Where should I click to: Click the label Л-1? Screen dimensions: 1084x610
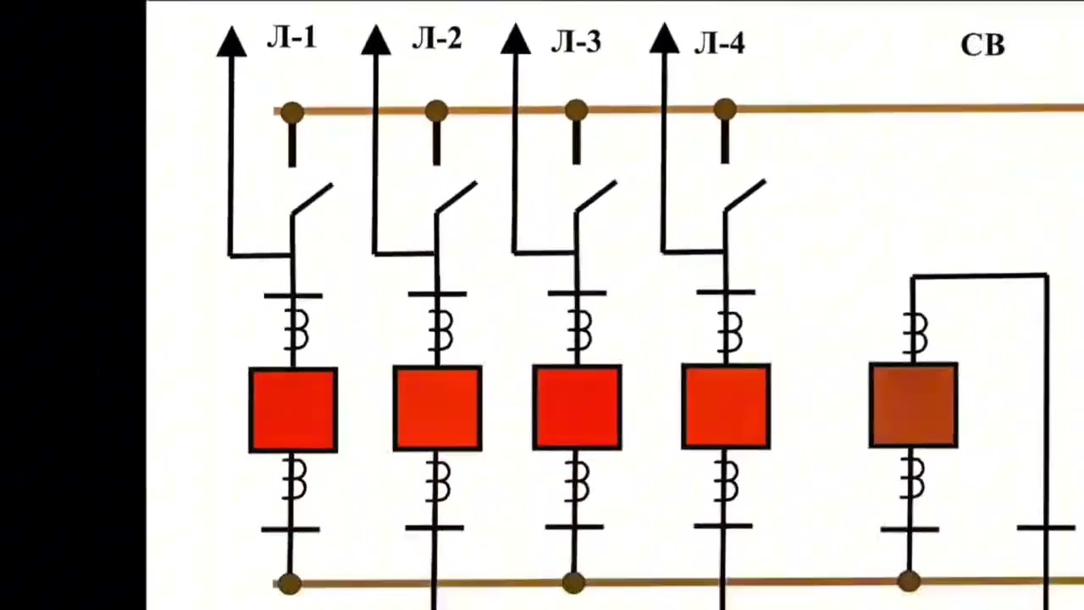pyautogui.click(x=292, y=38)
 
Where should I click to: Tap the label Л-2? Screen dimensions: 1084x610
pyautogui.click(x=437, y=39)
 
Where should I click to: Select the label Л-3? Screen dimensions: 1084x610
pyautogui.click(x=576, y=42)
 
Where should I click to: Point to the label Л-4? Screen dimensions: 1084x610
pyautogui.click(x=720, y=44)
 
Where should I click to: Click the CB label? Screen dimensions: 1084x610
pyautogui.click(x=982, y=46)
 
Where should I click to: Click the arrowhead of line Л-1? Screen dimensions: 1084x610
pyautogui.click(x=231, y=42)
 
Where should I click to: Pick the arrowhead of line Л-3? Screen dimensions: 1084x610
pyautogui.click(x=516, y=38)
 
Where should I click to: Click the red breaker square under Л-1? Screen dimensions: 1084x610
pyautogui.click(x=293, y=410)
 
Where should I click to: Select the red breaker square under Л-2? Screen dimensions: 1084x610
pyautogui.click(x=438, y=408)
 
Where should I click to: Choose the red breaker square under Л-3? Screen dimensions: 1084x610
pyautogui.click(x=577, y=408)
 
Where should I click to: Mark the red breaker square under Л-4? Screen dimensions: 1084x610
pyautogui.click(x=726, y=406)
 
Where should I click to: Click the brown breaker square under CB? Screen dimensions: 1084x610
pyautogui.click(x=913, y=405)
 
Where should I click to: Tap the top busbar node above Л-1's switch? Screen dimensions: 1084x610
pyautogui.click(x=292, y=113)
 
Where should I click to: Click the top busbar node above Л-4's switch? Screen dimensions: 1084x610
pyautogui.click(x=724, y=109)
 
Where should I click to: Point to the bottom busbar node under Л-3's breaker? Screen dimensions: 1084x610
pyautogui.click(x=573, y=583)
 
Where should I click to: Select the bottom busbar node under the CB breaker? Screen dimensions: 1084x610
pyautogui.click(x=909, y=581)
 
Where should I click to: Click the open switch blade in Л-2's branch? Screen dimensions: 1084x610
pyautogui.click(x=456, y=197)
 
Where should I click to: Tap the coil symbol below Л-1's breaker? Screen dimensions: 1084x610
pyautogui.click(x=293, y=480)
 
